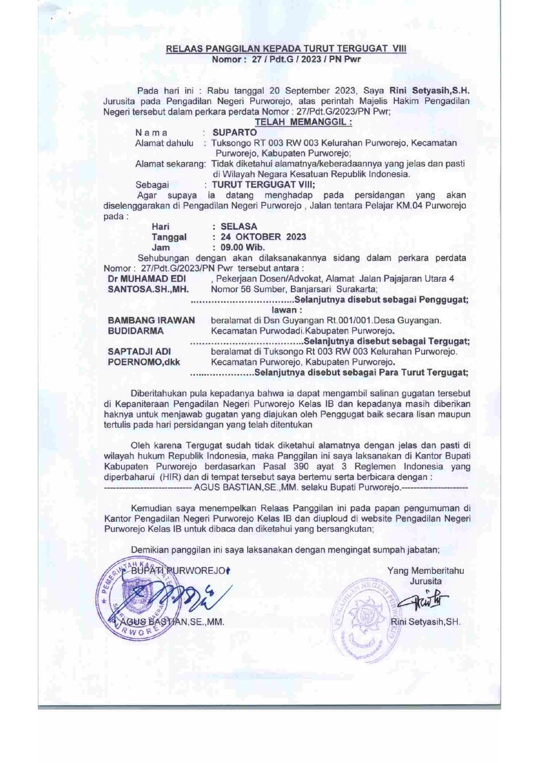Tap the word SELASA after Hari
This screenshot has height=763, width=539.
(239, 227)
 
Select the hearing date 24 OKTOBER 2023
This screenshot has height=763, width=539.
(263, 237)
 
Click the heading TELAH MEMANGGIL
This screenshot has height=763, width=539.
(303, 122)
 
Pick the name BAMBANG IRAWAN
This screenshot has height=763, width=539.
(151, 320)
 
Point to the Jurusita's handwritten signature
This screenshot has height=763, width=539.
(424, 601)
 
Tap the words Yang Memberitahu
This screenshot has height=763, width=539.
(425, 571)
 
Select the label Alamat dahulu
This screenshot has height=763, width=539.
(164, 143)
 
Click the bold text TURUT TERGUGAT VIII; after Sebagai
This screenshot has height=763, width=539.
(263, 184)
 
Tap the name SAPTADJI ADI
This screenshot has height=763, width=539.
(139, 352)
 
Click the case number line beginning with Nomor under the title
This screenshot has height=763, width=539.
(286, 59)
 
